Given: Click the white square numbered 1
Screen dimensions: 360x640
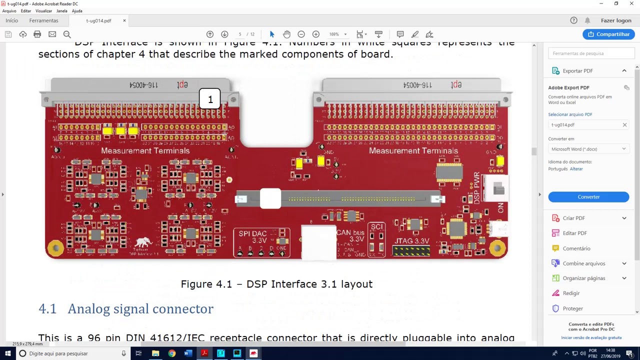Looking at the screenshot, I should [x=210, y=99].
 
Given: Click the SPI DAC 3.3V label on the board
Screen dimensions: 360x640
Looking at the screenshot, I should [x=252, y=236].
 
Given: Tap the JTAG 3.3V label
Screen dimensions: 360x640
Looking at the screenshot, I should [x=411, y=241].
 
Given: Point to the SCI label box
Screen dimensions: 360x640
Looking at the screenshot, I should [x=376, y=227].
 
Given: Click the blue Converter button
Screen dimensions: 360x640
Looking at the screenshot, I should [x=588, y=197].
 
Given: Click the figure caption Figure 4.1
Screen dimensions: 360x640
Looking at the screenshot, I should [x=276, y=284].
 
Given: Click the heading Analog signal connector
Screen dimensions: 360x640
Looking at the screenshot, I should [x=140, y=309].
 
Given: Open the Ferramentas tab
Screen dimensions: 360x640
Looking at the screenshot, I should [x=43, y=20].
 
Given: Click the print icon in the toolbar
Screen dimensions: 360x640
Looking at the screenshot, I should [x=37, y=34].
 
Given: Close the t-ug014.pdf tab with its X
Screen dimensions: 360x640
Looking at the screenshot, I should [x=124, y=20].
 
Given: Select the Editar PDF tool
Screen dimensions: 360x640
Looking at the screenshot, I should [x=574, y=233].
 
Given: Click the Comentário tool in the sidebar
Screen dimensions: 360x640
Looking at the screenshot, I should [x=576, y=248].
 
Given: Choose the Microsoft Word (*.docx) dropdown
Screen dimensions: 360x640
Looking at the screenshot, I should [x=588, y=149].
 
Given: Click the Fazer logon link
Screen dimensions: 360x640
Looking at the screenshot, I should [x=616, y=20].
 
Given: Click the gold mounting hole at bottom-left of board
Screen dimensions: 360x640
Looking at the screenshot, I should [x=55, y=247].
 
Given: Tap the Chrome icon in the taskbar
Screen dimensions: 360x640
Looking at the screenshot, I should [x=171, y=353].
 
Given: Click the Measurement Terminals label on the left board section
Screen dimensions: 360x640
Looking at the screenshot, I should [x=145, y=150].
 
